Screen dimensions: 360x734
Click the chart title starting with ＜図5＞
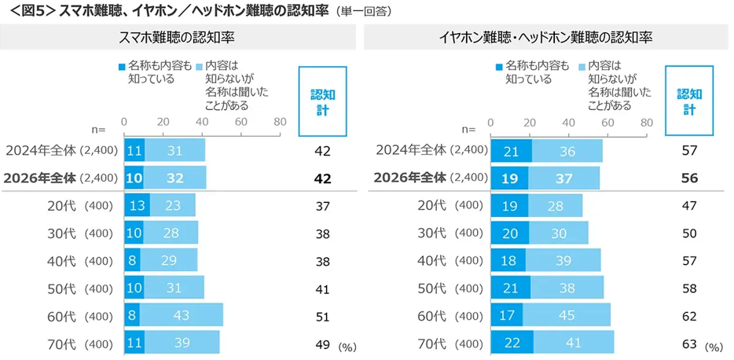point(165,12)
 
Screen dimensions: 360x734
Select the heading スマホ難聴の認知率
point(178,38)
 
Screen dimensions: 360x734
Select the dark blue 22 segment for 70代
point(512,343)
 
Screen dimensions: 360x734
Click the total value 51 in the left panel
point(321,315)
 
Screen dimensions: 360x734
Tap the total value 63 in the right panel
point(690,343)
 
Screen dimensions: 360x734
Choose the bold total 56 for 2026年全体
point(690,178)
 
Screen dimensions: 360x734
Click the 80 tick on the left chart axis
point(279,122)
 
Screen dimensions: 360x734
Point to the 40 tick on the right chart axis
point(568,122)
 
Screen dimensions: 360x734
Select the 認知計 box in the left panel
point(321,101)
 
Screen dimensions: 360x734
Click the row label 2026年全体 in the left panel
point(39,178)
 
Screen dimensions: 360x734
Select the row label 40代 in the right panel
point(433,260)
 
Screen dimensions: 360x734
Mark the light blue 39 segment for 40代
point(563,260)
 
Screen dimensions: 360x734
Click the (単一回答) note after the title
point(366,13)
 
